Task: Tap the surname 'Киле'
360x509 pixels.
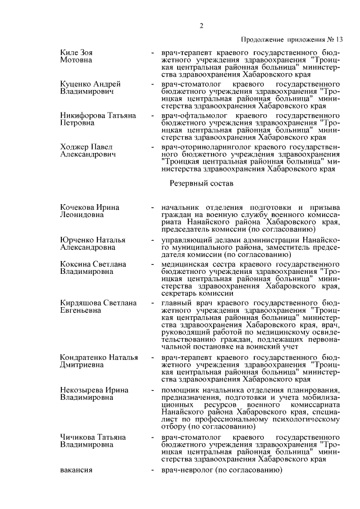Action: tap(69, 52)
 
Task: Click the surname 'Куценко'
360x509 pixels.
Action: tap(75, 84)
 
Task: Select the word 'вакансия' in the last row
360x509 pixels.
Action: tap(76, 470)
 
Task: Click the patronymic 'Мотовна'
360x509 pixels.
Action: tap(76, 60)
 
